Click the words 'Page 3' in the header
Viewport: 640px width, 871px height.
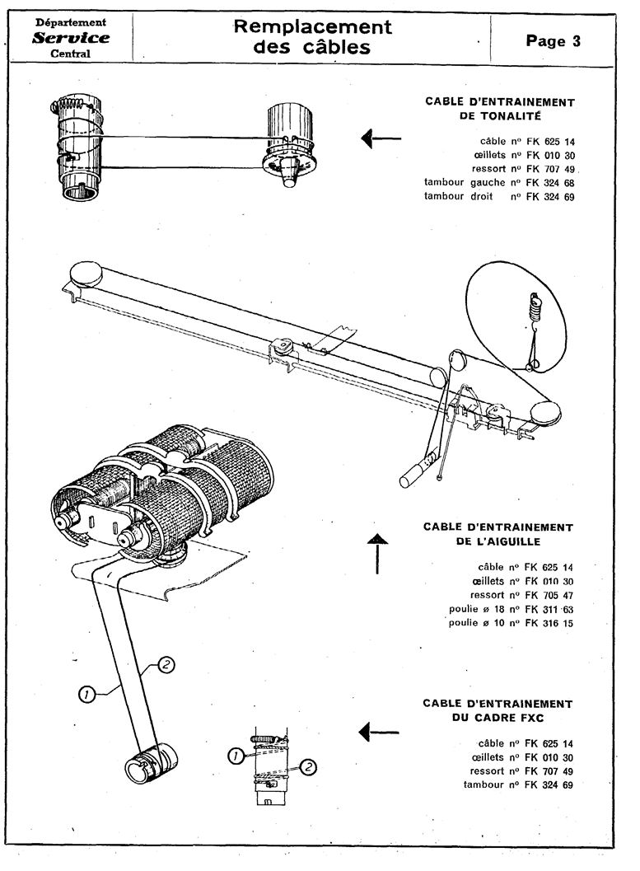coord(553,41)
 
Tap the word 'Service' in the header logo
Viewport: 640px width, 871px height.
coord(71,38)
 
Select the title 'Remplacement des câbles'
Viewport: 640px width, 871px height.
coord(312,36)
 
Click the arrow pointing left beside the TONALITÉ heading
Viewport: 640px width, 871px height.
coord(381,138)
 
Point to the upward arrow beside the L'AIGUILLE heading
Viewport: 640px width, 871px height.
coord(377,553)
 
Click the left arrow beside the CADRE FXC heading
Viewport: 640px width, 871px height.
coord(379,732)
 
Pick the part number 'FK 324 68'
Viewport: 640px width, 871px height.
coord(550,183)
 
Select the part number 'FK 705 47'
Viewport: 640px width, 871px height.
coord(549,595)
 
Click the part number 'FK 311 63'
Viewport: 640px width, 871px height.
coord(549,609)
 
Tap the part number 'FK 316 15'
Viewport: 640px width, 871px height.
coord(549,623)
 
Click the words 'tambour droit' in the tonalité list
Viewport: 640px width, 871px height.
coord(459,196)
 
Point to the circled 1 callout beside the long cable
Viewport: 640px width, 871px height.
coord(86,694)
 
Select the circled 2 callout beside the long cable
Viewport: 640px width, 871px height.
coord(166,664)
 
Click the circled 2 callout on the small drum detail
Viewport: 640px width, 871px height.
coord(308,767)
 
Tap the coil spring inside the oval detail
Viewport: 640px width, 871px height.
coord(535,307)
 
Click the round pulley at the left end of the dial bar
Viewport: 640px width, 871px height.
coord(86,274)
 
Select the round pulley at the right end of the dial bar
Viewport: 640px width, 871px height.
coord(545,413)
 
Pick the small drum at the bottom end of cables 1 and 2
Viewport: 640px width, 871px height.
coord(152,762)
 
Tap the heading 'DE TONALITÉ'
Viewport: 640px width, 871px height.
coord(500,116)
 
